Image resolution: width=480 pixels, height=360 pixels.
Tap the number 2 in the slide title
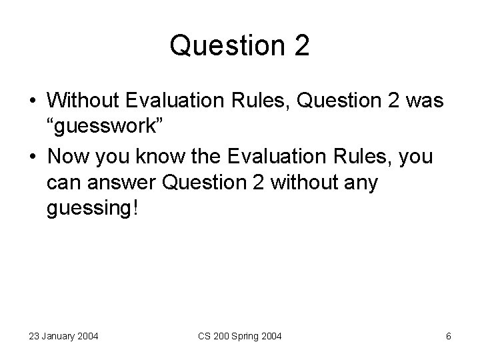coord(300,46)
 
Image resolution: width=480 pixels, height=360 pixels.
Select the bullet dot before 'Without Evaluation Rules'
coord(32,101)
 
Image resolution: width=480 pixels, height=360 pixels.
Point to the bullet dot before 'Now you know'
coord(32,158)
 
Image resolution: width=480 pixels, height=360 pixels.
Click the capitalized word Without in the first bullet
coord(83,100)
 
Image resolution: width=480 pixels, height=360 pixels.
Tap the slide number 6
coord(448,336)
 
